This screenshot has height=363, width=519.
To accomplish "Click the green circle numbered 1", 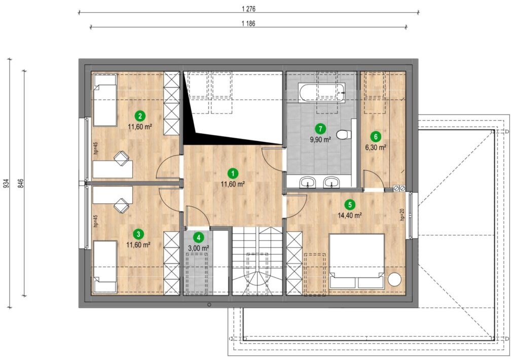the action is (x=233, y=173).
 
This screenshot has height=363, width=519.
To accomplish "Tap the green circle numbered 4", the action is (x=198, y=237).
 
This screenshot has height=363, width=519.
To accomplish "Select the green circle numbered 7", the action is (x=320, y=128).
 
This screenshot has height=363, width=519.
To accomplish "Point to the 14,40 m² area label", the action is (x=349, y=215).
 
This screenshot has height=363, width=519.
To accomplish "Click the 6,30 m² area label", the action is (x=376, y=148).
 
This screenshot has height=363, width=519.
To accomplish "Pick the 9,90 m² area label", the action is (x=320, y=139).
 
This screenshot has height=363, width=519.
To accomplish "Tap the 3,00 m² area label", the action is (x=198, y=248).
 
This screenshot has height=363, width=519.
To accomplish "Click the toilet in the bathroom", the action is (x=344, y=134).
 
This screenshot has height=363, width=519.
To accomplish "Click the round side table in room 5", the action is (x=394, y=279).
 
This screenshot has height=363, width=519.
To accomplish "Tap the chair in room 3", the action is (x=121, y=206).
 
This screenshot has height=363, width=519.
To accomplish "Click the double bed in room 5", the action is (x=356, y=261).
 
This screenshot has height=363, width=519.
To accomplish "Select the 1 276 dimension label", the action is (x=248, y=9).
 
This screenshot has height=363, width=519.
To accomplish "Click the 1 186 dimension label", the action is (x=248, y=23).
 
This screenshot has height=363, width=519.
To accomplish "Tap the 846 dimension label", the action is (x=21, y=184).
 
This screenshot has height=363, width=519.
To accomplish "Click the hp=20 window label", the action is (x=402, y=214).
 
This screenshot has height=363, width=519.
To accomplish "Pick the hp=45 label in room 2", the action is (x=96, y=149).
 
